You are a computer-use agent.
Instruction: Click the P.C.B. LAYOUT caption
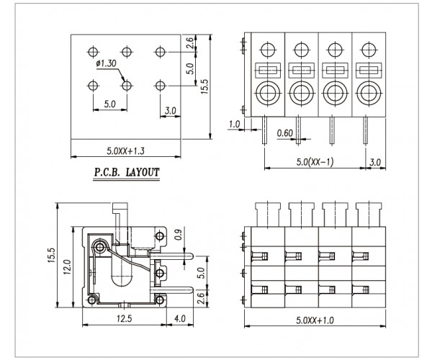tap(126, 173)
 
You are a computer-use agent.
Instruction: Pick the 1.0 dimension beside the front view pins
tap(233, 125)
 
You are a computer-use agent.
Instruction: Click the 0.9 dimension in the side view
tap(178, 235)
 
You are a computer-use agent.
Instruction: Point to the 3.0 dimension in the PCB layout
tap(171, 111)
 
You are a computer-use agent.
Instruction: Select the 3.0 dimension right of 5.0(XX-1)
tap(374, 162)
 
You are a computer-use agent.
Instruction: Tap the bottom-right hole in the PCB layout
tap(159, 85)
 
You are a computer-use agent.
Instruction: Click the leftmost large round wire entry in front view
tap(266, 93)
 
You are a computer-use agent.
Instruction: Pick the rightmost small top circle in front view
tap(369, 50)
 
